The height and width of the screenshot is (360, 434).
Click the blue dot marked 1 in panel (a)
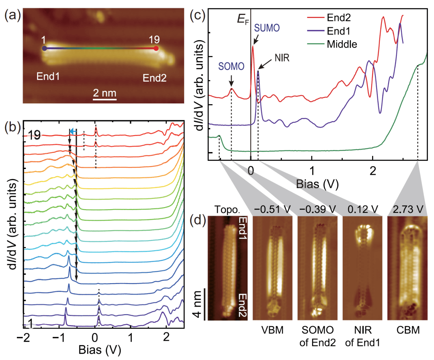44,49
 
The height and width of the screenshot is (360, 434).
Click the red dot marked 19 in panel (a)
156,49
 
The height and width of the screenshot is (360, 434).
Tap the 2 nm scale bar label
105,93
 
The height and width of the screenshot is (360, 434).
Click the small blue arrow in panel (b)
72,131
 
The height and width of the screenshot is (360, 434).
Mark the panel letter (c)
197,17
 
